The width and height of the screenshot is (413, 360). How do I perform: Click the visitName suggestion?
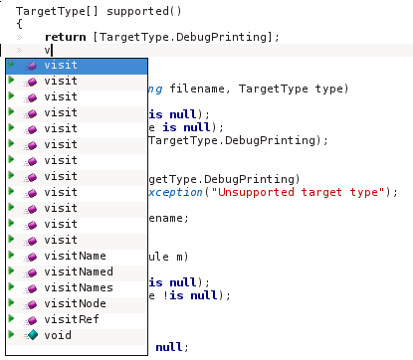coord(75,256)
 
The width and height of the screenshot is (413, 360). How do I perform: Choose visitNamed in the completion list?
coord(79,271)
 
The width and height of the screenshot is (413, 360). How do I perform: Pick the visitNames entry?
coord(79,287)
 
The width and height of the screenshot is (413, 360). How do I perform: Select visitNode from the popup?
coord(75,303)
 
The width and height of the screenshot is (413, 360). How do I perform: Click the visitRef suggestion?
coord(72,319)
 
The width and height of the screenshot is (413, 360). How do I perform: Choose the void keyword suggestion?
coord(58,335)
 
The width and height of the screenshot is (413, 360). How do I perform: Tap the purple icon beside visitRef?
coord(31,320)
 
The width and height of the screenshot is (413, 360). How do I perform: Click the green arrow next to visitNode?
coord(11,302)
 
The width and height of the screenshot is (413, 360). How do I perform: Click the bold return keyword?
coord(66,37)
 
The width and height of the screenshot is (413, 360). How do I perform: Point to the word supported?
coord(137,12)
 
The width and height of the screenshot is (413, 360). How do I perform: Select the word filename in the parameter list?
coord(197,89)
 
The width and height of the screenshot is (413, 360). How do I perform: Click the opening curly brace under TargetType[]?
coord(19,24)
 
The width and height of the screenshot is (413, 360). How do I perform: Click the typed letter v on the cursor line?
coord(48,51)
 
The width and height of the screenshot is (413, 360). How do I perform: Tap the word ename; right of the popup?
coord(168,219)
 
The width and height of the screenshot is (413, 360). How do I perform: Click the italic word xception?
coord(175,192)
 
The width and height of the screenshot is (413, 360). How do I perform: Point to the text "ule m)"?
coord(168,257)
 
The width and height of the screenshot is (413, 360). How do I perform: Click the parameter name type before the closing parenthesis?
coord(328,90)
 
